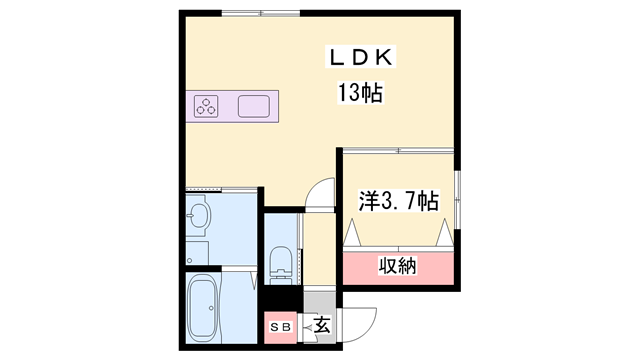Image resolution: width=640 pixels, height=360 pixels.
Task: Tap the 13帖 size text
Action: [361, 95]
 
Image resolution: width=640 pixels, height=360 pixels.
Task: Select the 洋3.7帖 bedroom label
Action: [398, 200]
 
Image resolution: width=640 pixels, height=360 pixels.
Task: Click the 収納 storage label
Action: [397, 266]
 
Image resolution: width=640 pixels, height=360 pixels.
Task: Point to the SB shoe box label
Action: [279, 326]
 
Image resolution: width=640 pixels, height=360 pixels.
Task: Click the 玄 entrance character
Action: [321, 325]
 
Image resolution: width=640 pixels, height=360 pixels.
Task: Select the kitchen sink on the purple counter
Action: [253, 105]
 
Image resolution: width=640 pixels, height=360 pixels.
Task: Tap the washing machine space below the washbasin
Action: [197, 250]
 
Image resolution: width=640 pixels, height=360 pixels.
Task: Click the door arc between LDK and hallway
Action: [319, 193]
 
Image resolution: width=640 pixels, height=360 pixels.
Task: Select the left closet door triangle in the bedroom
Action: [352, 234]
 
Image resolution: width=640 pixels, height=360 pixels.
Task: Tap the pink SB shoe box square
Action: [279, 326]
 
